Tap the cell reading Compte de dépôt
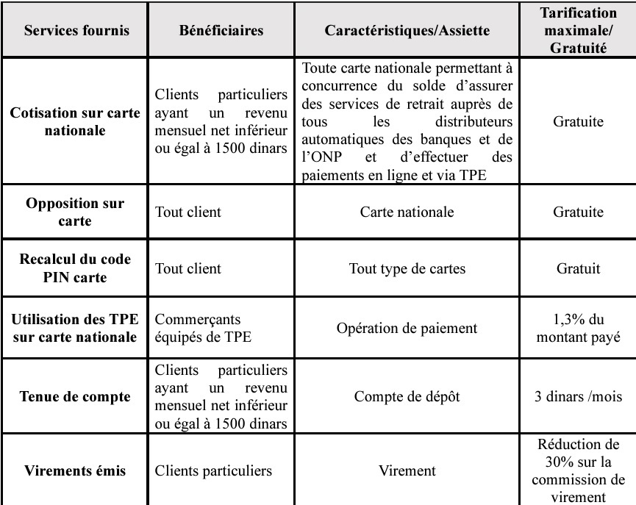(418, 397)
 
